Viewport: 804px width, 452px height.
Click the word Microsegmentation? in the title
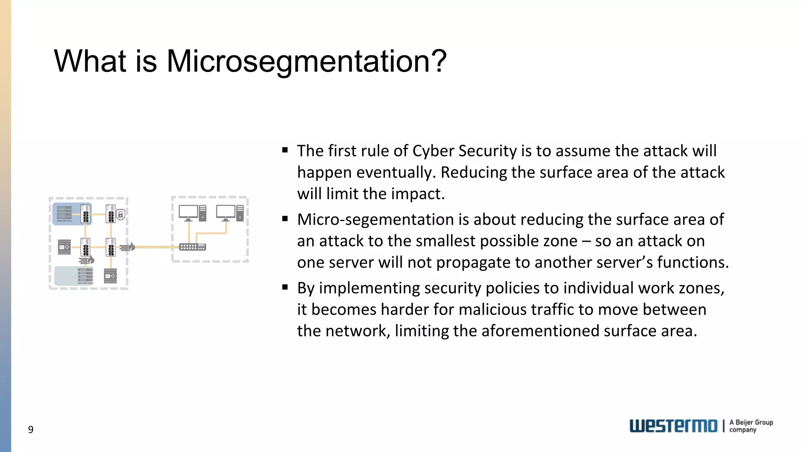pos(306,62)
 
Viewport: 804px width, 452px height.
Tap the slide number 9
pos(31,430)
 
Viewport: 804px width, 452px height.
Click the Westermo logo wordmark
pos(673,426)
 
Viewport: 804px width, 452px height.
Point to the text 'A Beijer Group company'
pos(751,426)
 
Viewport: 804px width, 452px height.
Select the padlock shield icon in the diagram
pos(121,215)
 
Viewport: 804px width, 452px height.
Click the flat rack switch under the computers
pos(192,247)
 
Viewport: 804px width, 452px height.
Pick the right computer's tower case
pos(240,213)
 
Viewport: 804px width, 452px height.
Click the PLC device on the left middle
pos(64,247)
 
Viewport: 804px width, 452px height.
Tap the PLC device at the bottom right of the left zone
pos(110,276)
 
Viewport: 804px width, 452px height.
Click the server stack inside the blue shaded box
pos(65,213)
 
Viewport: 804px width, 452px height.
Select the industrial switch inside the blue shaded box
pos(85,214)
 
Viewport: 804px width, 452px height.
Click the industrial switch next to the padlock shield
pos(110,214)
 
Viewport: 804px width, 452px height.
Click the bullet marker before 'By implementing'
pos(285,287)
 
